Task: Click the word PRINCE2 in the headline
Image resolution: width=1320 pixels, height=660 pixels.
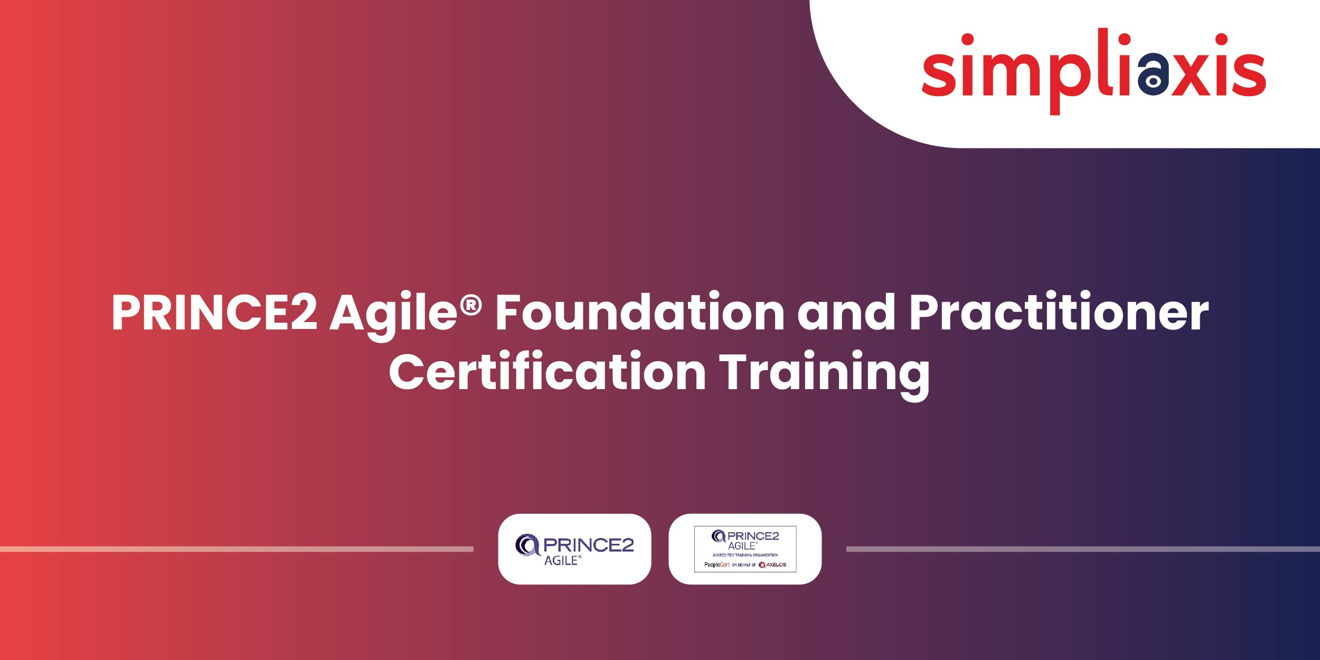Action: pos(214,313)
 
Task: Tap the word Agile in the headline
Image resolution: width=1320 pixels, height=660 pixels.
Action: pos(393,313)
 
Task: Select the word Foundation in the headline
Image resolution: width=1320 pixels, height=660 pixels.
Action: pos(639,313)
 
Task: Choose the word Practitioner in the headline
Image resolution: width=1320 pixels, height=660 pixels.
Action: pos(1059,313)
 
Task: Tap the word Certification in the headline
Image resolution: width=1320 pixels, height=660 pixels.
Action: pos(547,372)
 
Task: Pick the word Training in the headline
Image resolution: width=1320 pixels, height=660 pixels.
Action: pos(824,373)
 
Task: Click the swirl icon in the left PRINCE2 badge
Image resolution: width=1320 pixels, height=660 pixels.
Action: pos(527,545)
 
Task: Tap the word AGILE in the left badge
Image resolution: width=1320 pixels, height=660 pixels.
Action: pos(561,561)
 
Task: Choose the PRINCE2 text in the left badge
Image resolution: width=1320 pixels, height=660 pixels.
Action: pos(588,545)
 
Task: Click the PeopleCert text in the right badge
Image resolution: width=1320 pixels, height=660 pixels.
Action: pos(716,565)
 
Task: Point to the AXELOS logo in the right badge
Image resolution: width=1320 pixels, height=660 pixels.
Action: pos(772,565)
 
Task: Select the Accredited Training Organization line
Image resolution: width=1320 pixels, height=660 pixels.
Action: pos(745,555)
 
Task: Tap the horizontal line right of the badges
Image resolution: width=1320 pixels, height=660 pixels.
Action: pos(1082,549)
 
